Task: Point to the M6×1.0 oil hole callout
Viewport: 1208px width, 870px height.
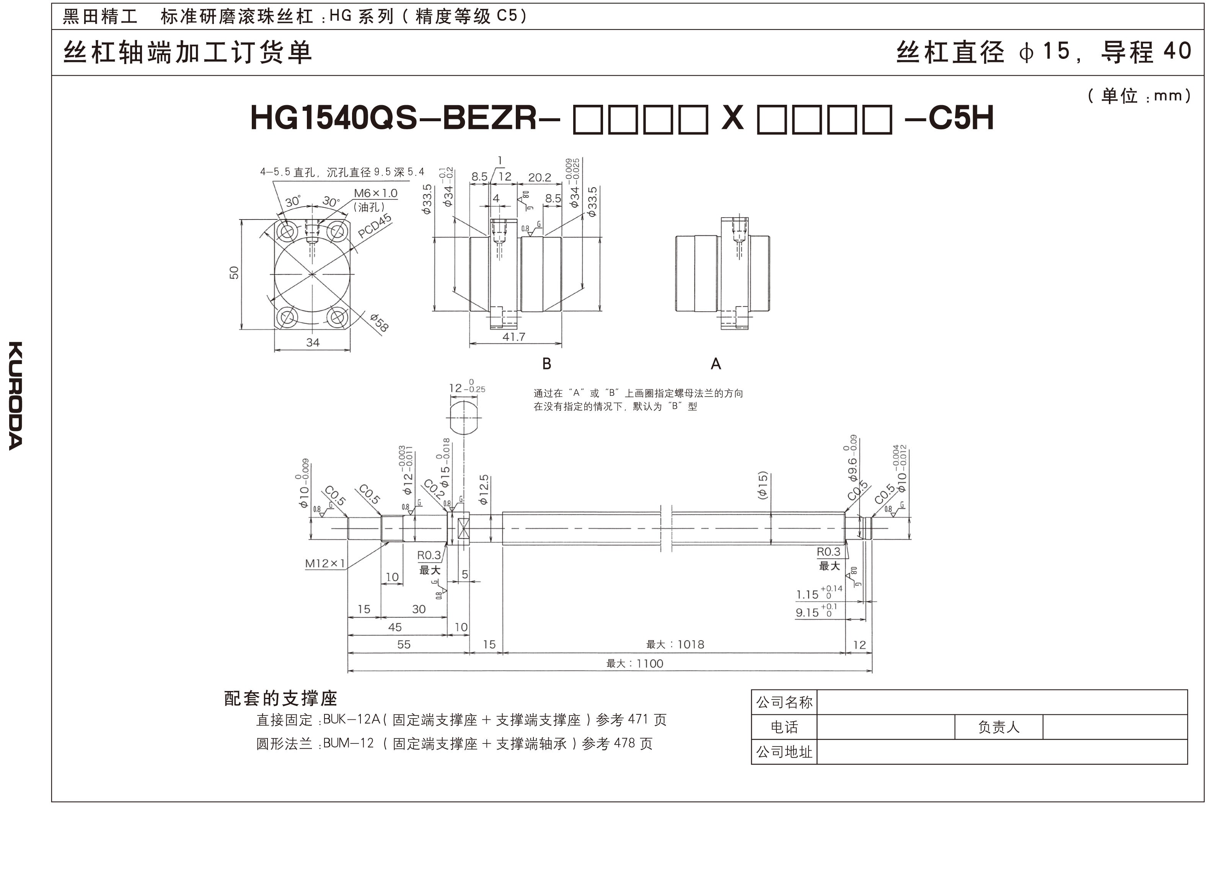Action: click(x=375, y=193)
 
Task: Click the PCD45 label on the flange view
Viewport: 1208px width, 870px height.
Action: click(x=375, y=227)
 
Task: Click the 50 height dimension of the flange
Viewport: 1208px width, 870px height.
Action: click(x=234, y=273)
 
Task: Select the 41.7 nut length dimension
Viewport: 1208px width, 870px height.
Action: click(x=514, y=337)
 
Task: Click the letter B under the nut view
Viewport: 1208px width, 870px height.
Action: click(x=546, y=364)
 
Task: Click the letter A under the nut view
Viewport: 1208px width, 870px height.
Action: click(x=716, y=364)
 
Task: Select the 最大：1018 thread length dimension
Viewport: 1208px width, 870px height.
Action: click(x=675, y=645)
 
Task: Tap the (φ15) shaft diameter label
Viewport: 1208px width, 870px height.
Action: click(x=763, y=485)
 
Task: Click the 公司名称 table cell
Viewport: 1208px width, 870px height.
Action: click(x=784, y=702)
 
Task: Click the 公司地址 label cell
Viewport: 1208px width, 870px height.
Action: click(x=784, y=752)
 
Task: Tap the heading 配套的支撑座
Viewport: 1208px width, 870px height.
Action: click(x=281, y=698)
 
